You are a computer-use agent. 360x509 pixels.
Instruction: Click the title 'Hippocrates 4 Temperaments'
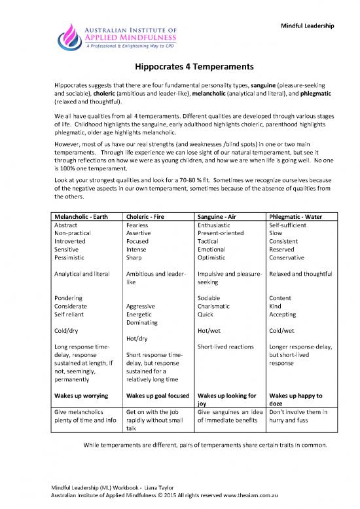tap(179, 66)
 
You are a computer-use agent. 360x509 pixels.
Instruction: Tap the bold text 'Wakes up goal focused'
tap(156, 396)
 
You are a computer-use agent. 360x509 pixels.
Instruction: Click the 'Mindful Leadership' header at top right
tap(308, 25)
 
